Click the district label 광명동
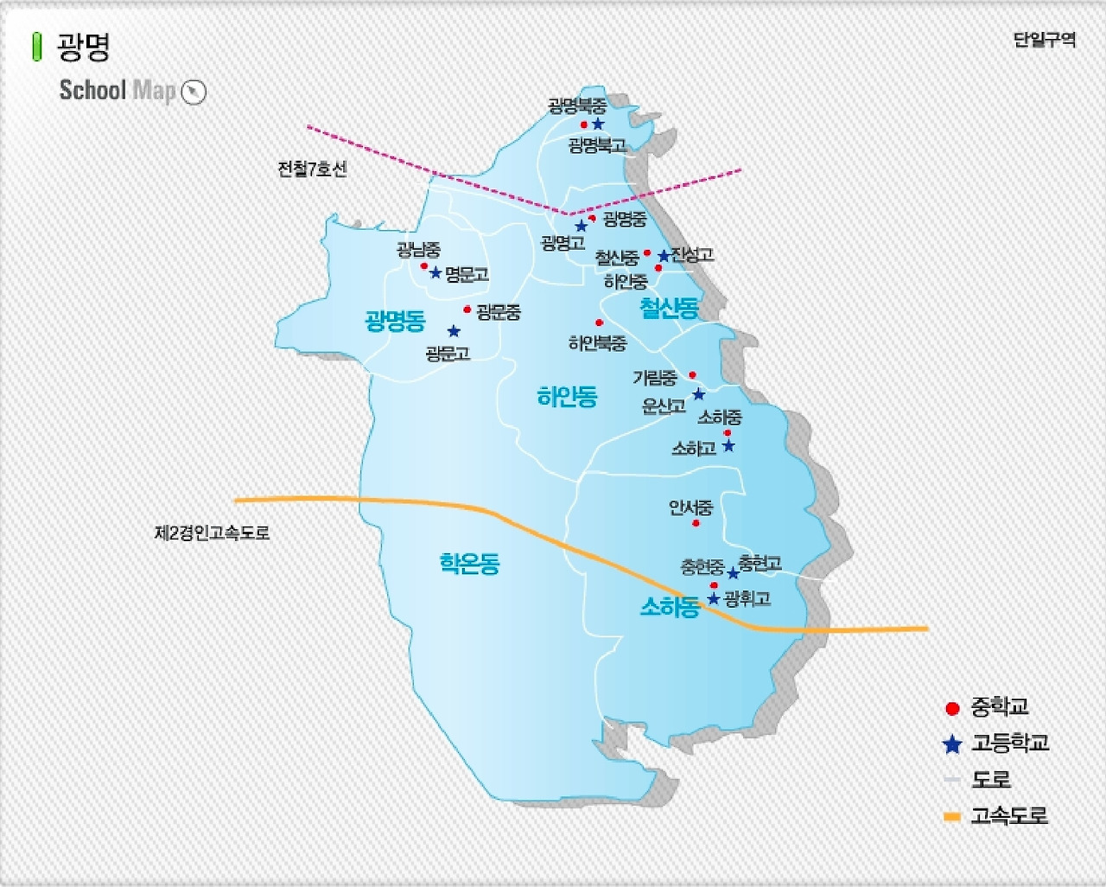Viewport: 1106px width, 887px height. point(396,322)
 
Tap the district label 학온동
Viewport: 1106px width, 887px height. point(469,565)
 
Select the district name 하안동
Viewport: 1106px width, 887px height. point(567,397)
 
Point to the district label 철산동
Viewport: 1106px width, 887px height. point(669,308)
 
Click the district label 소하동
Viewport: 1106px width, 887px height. point(669,607)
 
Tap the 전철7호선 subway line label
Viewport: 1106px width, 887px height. point(312,169)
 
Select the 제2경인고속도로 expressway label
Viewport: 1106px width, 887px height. point(212,533)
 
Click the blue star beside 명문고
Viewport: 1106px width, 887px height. point(435,273)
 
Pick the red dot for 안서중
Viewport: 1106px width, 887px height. point(696,523)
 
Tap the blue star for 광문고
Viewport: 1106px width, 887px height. point(454,331)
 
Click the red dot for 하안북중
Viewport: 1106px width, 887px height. point(599,323)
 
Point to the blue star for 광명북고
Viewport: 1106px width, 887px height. point(598,124)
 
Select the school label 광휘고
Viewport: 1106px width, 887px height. point(747,598)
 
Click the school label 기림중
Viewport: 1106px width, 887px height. point(654,378)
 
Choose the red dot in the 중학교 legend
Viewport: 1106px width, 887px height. point(952,709)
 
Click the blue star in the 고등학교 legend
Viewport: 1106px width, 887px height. point(952,744)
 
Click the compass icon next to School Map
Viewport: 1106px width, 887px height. point(194,92)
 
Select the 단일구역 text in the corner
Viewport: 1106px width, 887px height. point(1044,40)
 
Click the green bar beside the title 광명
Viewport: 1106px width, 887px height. point(36,47)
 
